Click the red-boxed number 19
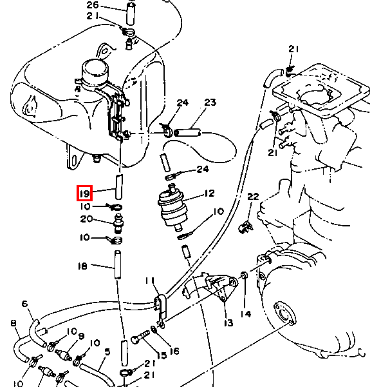[84, 193]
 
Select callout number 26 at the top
[93, 5]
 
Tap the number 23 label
[210, 102]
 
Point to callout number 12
[210, 193]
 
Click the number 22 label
[253, 197]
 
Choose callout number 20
[86, 219]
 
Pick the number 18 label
[82, 266]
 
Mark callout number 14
[246, 314]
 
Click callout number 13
[228, 322]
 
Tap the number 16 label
[174, 351]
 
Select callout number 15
[162, 355]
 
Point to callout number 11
[150, 281]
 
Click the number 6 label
[25, 304]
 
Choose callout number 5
[107, 352]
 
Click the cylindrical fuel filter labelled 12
[172, 208]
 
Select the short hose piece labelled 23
[188, 132]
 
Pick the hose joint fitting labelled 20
[119, 224]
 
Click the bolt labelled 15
[141, 337]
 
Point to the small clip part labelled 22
[246, 227]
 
